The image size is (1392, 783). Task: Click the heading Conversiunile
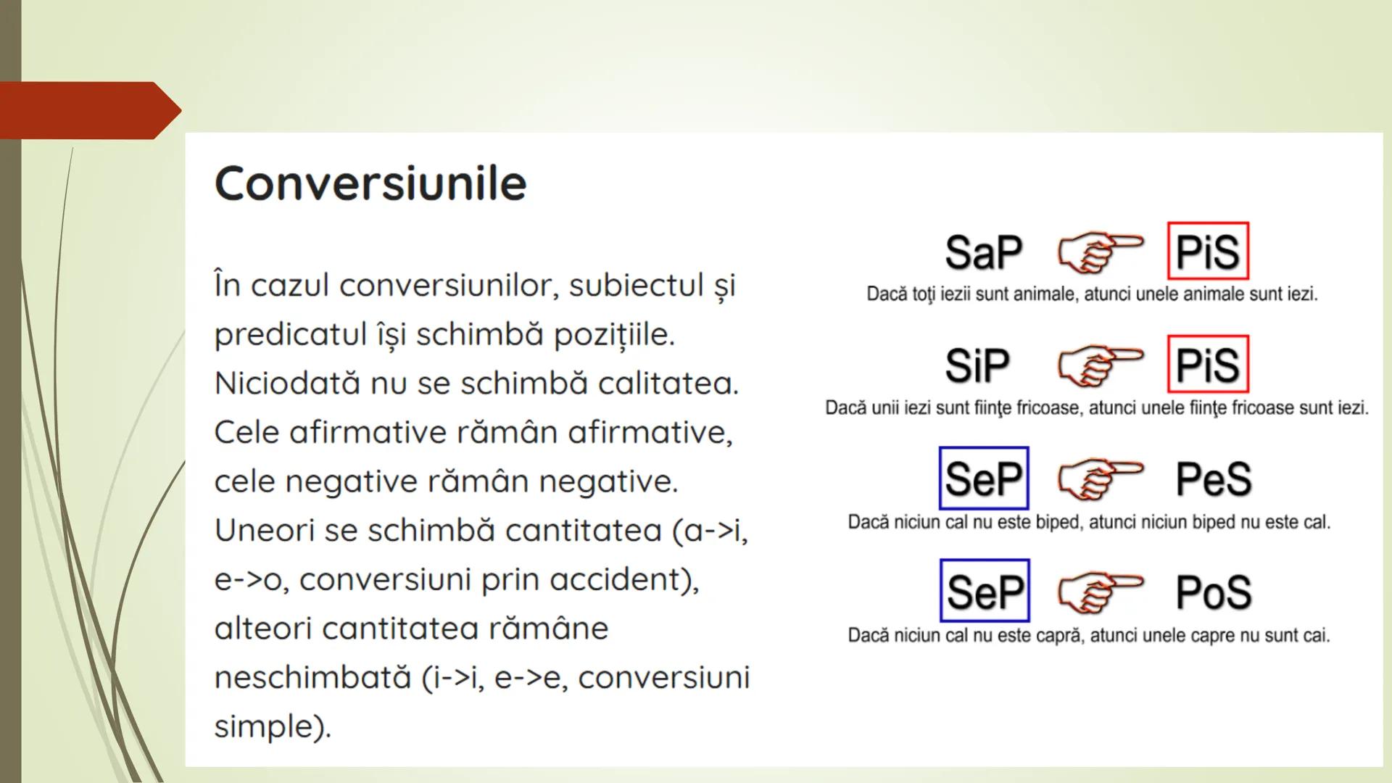coord(370,183)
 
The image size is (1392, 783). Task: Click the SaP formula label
coord(983,252)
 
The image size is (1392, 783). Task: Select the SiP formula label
coord(977,365)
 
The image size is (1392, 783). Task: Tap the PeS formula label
coord(1214,479)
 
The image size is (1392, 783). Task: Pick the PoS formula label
coord(1214,592)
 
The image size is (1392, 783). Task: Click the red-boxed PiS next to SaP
coord(1208,251)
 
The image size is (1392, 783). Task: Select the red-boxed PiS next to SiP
coord(1208,364)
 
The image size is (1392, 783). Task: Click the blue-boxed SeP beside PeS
coord(984,478)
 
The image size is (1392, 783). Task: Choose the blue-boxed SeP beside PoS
coord(985,591)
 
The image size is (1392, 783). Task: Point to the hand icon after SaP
coord(1100,252)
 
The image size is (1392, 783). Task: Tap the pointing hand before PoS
coord(1100,592)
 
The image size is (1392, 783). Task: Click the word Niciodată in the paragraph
coord(287,383)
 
